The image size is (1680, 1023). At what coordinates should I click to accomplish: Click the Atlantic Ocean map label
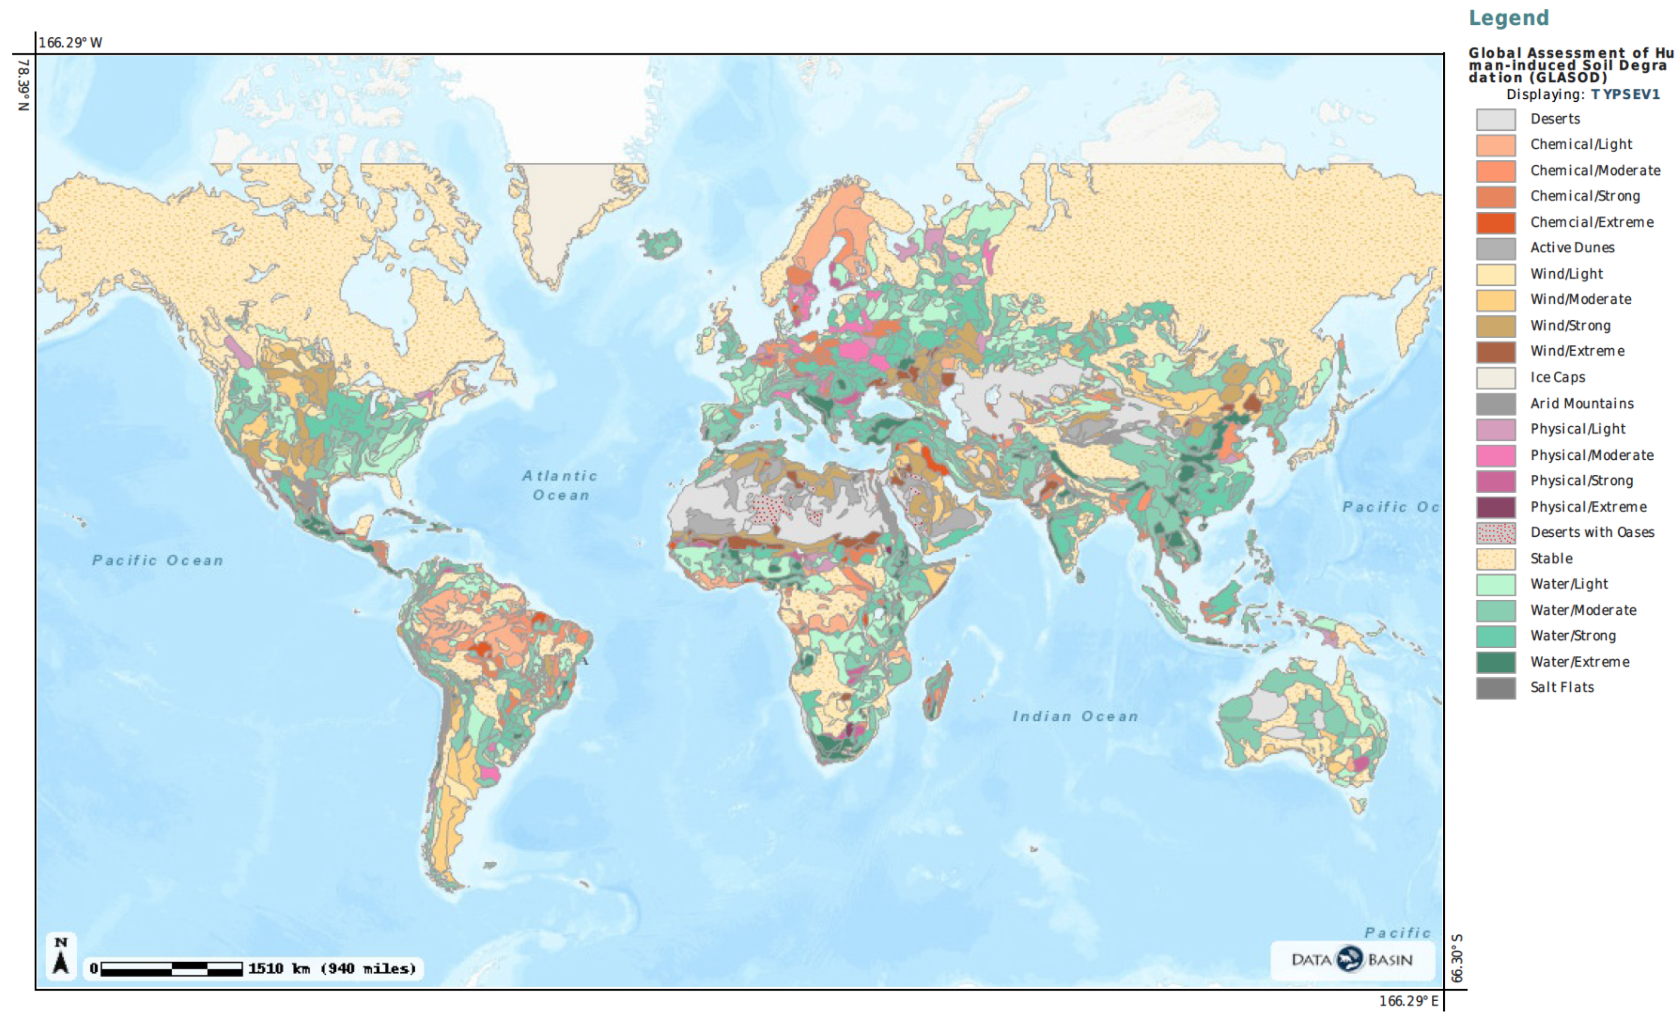(x=559, y=485)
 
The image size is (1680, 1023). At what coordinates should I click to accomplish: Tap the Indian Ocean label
(x=1075, y=716)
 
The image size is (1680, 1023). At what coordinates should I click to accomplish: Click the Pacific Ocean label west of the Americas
(x=157, y=560)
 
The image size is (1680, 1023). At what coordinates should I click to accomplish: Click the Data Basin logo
(x=1351, y=960)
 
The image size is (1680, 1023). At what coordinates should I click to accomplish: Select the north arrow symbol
(x=61, y=956)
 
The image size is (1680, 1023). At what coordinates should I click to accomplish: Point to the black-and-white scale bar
(x=171, y=969)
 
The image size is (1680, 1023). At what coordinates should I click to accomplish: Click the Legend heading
(x=1508, y=18)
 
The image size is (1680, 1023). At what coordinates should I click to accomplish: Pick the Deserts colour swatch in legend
(x=1496, y=119)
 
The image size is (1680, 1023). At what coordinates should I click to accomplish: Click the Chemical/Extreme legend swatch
(x=1496, y=223)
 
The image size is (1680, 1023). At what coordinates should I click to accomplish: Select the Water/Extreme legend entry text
(x=1579, y=662)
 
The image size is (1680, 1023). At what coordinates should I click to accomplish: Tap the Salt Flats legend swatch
(x=1496, y=688)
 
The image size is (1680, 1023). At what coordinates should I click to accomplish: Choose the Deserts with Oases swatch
(x=1496, y=533)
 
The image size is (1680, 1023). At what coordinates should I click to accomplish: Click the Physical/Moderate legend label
(x=1591, y=455)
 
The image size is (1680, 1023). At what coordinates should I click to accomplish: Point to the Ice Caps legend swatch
(x=1496, y=377)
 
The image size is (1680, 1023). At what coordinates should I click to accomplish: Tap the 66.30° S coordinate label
(x=1457, y=958)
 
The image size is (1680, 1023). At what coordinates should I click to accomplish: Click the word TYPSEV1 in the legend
(x=1625, y=95)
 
